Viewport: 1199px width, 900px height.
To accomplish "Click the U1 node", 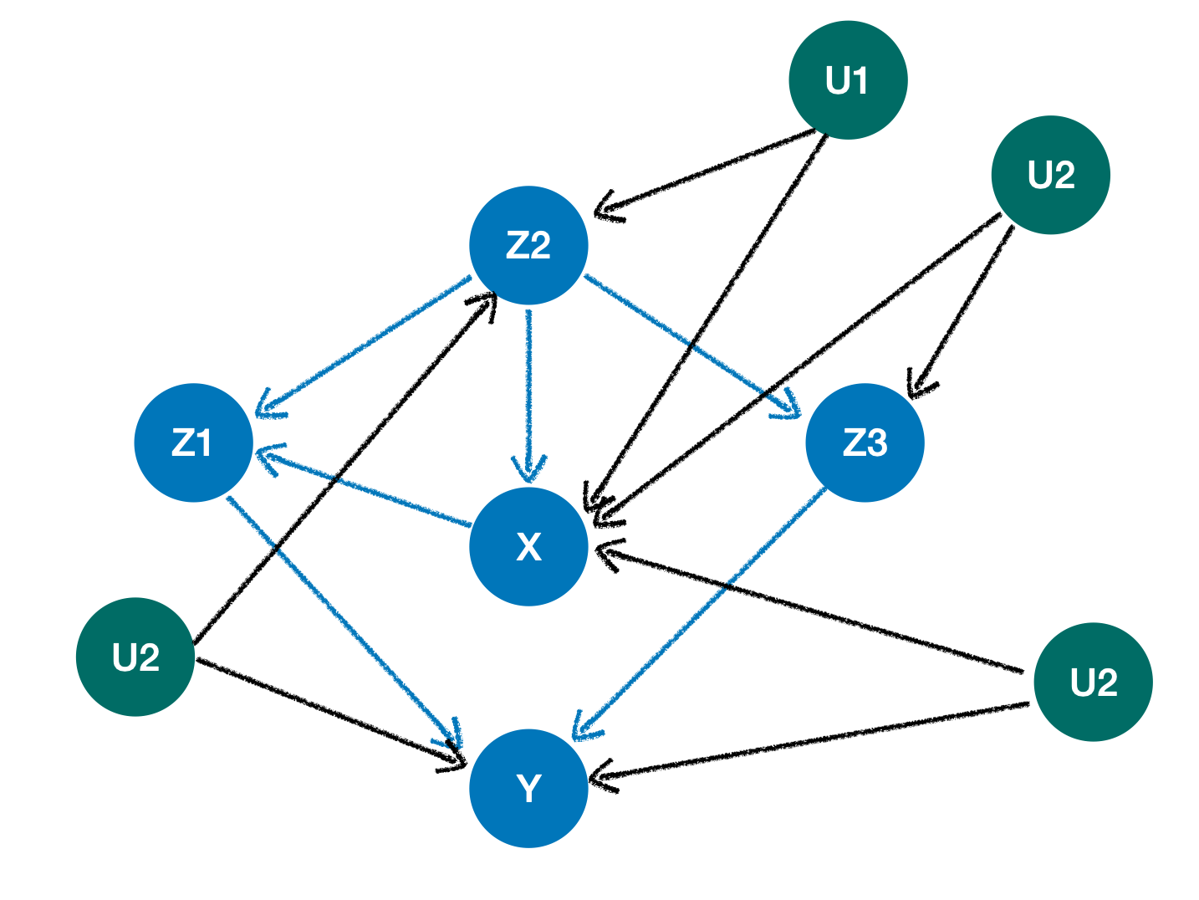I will click(x=848, y=80).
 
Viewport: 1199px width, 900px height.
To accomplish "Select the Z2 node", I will click(x=528, y=245).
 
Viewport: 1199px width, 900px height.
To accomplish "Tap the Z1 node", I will click(x=193, y=442).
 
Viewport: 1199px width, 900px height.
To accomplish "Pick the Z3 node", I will click(x=865, y=442).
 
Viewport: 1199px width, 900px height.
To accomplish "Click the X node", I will click(x=528, y=546).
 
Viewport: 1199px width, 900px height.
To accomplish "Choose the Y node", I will click(x=528, y=788).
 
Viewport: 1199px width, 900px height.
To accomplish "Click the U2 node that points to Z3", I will click(x=1050, y=175).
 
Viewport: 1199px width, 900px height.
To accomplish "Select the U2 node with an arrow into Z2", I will click(x=135, y=657).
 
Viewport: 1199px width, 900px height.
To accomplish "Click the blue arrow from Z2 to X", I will click(x=528, y=393).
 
